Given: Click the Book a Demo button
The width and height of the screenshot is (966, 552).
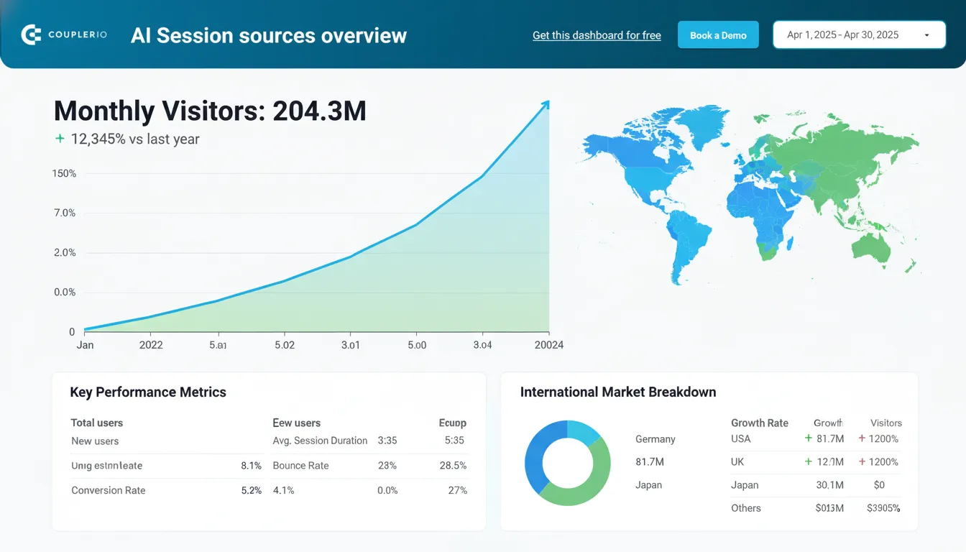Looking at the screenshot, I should (x=717, y=35).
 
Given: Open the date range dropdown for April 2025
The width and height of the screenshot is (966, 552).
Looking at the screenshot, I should (x=859, y=34).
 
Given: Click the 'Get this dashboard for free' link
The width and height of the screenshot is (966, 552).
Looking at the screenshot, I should (x=597, y=35).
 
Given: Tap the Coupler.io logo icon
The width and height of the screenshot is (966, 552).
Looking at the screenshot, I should (x=32, y=34).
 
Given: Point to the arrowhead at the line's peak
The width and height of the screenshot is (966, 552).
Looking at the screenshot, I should (x=546, y=104).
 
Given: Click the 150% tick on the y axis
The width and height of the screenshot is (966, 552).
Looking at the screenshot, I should (x=64, y=173).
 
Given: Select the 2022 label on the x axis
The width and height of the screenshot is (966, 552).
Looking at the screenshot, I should (x=150, y=345).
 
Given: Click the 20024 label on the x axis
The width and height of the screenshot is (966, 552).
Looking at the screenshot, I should (x=548, y=345).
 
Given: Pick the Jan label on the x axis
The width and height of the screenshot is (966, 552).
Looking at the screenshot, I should (x=85, y=345).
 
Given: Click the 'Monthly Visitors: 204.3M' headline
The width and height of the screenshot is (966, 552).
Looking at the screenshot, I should (x=210, y=111).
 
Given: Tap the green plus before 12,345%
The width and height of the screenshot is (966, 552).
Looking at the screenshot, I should (x=60, y=139).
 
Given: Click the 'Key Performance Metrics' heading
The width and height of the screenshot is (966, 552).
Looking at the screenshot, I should (x=148, y=392).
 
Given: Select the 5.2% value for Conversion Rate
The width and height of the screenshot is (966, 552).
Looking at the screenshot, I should (x=251, y=490).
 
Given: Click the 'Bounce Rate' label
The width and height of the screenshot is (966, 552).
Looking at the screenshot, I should (x=300, y=466).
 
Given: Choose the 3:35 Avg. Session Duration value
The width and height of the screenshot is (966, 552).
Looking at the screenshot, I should (x=387, y=441).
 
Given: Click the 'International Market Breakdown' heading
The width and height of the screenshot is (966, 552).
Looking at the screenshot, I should (x=618, y=392).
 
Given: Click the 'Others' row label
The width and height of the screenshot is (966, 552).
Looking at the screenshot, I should (x=745, y=508).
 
